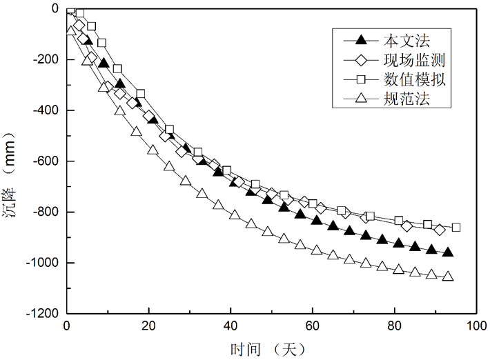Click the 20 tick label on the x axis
tap(148, 326)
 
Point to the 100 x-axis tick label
tap(476, 326)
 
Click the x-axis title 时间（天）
tap(271, 348)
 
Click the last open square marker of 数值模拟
tap(455, 228)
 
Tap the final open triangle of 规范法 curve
tap(448, 277)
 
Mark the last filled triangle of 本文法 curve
tap(448, 252)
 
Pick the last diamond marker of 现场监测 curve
tap(440, 230)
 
